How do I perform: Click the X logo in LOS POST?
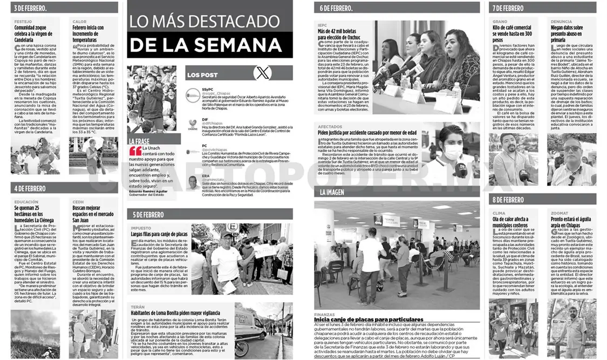pyautogui.click(x=263, y=72)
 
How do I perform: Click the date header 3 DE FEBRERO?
pyautogui.click(x=30, y=8)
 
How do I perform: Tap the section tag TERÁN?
pyautogui.click(x=137, y=307)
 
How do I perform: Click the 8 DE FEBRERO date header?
pyautogui.click(x=508, y=200)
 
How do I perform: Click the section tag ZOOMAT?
pyautogui.click(x=558, y=213)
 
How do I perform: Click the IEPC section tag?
pyautogui.click(x=322, y=24)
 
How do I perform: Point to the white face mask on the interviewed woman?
pyautogui.click(x=452, y=152)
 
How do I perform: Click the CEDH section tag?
pyautogui.click(x=78, y=202)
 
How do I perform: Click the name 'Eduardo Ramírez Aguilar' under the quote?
pyautogui.click(x=148, y=206)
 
